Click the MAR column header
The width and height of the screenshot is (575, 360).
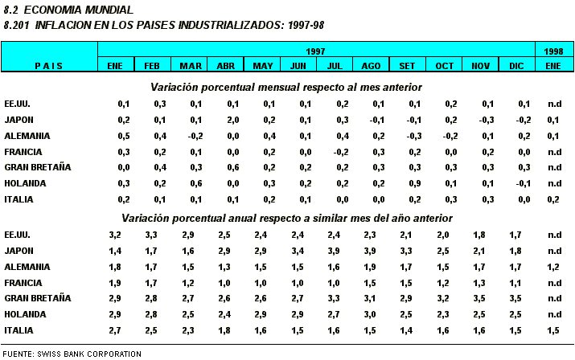click(x=191, y=65)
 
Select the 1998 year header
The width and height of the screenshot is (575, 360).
click(x=554, y=51)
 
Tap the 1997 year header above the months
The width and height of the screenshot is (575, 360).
click(x=316, y=51)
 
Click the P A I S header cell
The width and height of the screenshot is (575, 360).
click(x=49, y=65)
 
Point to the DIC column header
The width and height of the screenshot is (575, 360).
click(x=517, y=65)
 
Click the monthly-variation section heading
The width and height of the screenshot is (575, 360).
click(x=286, y=87)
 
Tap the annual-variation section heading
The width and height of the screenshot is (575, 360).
click(x=287, y=218)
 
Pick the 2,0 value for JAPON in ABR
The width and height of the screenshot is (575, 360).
click(x=233, y=120)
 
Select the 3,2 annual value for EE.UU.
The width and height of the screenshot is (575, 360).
click(x=115, y=235)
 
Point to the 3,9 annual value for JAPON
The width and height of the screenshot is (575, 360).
click(x=343, y=251)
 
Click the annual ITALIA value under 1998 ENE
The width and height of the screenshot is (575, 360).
click(x=554, y=329)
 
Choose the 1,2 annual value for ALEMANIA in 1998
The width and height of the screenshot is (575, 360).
click(x=554, y=266)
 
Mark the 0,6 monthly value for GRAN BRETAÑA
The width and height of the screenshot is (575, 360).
click(x=233, y=167)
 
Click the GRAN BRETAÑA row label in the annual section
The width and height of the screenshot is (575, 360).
click(x=38, y=298)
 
